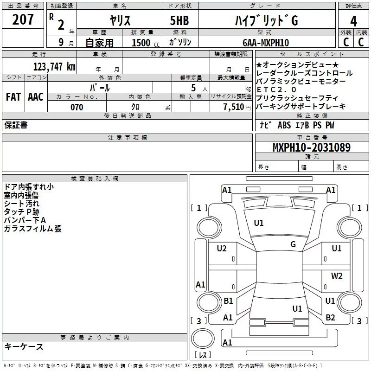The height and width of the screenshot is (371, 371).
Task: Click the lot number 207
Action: tap(23, 20)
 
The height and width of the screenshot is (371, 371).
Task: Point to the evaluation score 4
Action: tap(353, 21)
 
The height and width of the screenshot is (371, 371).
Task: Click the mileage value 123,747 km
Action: tap(54, 66)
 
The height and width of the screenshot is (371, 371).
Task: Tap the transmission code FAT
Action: tap(13, 97)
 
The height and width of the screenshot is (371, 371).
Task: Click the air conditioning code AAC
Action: tap(35, 97)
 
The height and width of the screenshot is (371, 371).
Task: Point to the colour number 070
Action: tap(77, 107)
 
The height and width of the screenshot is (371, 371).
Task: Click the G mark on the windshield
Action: tap(293, 244)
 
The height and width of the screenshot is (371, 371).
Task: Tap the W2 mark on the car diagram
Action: tap(337, 276)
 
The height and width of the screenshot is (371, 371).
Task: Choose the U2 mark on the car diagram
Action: tap(222, 249)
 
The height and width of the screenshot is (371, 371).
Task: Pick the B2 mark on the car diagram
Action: tap(330, 318)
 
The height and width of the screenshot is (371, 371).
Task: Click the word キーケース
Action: tap(24, 346)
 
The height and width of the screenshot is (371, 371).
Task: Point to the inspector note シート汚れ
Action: tap(22, 204)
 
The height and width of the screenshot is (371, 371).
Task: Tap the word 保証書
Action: tap(16, 125)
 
